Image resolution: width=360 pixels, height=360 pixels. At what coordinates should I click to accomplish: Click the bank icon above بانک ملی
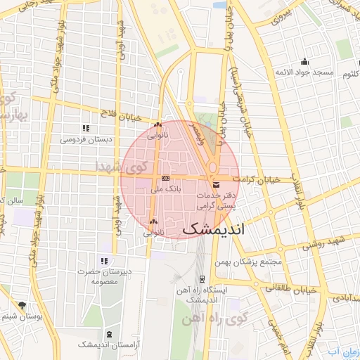pyautogui.click(x=165, y=179)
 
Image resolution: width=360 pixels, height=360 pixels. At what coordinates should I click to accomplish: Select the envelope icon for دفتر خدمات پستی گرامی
pyautogui.click(x=215, y=184)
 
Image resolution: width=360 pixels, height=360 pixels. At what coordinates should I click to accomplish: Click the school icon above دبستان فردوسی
pyautogui.click(x=86, y=128)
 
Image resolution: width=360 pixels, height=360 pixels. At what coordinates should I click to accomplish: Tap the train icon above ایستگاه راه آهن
pyautogui.click(x=202, y=279)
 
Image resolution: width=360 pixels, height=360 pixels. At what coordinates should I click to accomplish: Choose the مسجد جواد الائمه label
pyautogui.click(x=303, y=72)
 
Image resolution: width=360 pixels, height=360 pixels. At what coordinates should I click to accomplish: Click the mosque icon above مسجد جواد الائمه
pyautogui.click(x=304, y=61)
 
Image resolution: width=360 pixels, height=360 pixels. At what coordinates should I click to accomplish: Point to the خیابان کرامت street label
pyautogui.click(x=259, y=180)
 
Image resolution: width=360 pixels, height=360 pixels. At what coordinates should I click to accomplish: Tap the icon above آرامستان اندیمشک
pyautogui.click(x=108, y=333)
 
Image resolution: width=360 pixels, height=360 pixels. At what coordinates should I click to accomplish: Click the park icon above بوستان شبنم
pyautogui.click(x=22, y=305)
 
